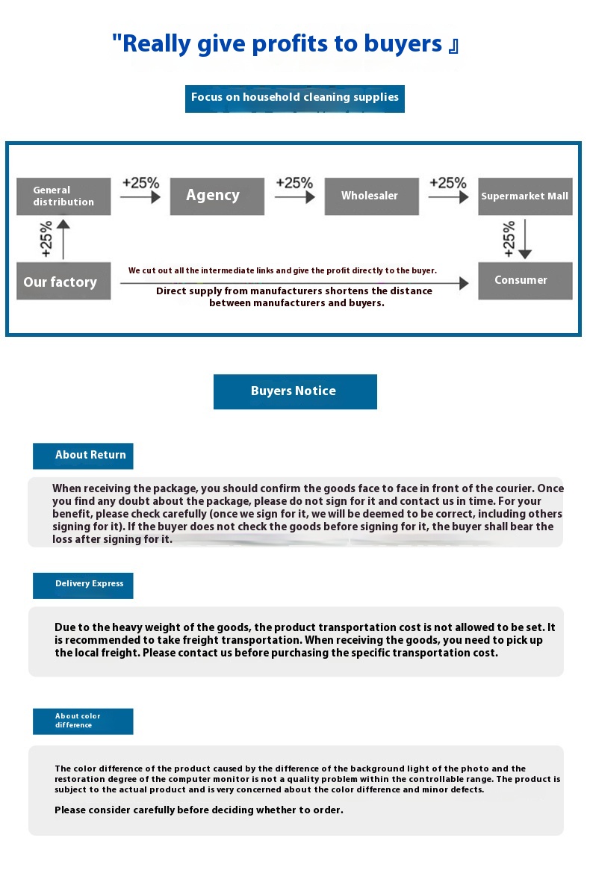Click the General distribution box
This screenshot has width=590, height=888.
tap(63, 196)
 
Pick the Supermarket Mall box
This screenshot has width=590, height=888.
tap(525, 196)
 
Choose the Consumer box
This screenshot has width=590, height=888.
tap(525, 281)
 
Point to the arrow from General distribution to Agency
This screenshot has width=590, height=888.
tap(140, 197)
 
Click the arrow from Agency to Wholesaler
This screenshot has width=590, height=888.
tap(294, 197)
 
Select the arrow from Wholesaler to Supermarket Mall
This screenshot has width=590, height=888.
tap(448, 197)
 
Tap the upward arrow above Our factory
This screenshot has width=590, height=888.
tap(64, 239)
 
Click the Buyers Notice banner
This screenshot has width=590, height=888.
tap(295, 391)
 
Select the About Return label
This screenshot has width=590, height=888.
tap(83, 456)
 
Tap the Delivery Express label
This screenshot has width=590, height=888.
tap(83, 585)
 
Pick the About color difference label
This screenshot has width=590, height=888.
tap(83, 721)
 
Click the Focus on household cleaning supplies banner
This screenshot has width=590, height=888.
tap(295, 98)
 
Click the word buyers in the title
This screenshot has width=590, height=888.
tap(403, 45)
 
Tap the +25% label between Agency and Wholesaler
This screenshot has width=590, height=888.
tap(294, 183)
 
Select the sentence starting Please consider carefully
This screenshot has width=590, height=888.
tap(199, 810)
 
